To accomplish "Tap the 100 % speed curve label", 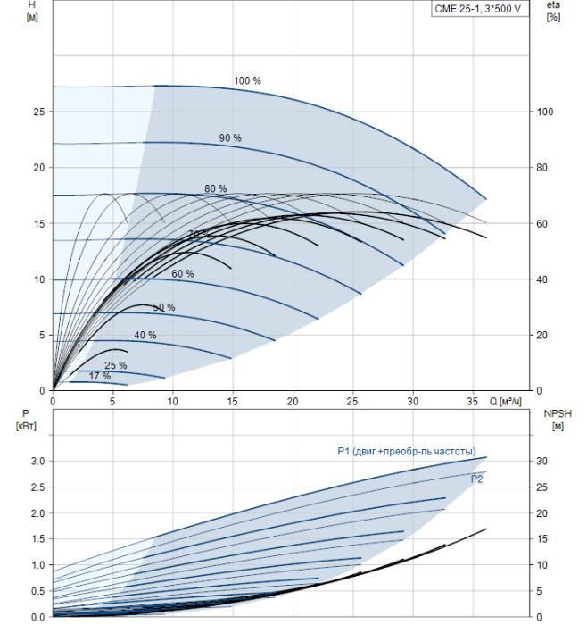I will click(247, 81).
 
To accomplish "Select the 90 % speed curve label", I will click(230, 138).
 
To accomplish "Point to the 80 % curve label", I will click(215, 189).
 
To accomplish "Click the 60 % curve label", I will click(183, 274).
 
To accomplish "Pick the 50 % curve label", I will click(164, 308).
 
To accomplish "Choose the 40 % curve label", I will click(145, 336).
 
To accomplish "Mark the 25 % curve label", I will click(116, 366).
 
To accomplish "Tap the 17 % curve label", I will click(100, 377).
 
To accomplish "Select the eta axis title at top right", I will click(553, 12).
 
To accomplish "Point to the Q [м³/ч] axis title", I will click(504, 403).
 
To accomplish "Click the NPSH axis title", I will click(555, 420).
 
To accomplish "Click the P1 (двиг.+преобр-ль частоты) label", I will click(406, 452).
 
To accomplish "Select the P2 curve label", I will click(477, 479).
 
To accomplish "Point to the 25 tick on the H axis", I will click(38, 112).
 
